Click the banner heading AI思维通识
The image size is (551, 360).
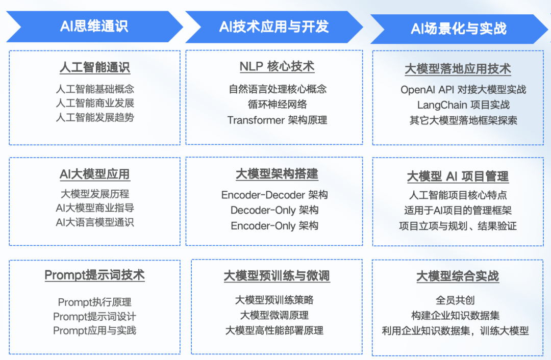(94, 26)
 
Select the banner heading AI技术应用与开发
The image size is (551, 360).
(274, 27)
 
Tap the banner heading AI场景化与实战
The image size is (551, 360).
(459, 28)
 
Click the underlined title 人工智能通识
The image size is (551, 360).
(94, 67)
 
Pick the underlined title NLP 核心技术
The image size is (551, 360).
(277, 66)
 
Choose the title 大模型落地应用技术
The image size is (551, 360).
(458, 69)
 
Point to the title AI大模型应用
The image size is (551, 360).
(94, 174)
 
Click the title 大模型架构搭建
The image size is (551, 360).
(277, 174)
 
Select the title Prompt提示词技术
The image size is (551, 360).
(94, 275)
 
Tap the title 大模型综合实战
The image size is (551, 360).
(458, 276)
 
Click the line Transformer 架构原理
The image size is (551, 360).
(277, 120)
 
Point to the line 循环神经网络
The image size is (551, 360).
(277, 105)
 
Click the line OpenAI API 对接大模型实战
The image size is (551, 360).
(463, 90)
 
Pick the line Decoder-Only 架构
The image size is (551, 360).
(274, 210)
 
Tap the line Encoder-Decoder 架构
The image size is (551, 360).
(274, 195)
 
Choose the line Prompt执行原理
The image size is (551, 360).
(94, 302)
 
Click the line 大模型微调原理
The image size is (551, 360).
(274, 315)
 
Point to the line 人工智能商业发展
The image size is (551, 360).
(94, 103)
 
